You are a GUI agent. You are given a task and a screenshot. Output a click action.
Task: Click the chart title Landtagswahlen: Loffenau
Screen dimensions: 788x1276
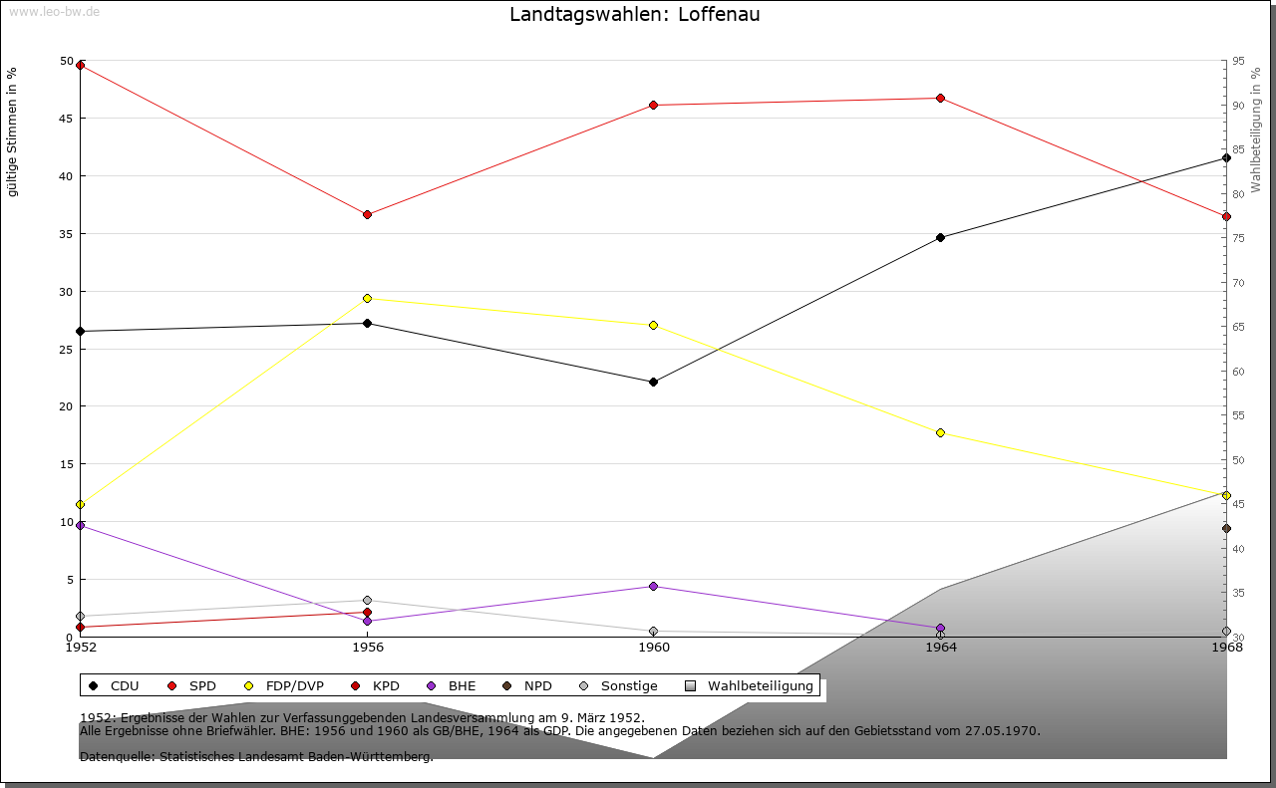coord(634,15)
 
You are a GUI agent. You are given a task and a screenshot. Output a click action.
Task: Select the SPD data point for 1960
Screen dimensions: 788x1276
coord(654,105)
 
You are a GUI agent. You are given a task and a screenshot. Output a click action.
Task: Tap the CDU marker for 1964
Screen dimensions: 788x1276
coord(940,237)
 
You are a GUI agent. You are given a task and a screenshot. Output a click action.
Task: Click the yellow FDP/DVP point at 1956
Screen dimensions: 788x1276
coord(367,298)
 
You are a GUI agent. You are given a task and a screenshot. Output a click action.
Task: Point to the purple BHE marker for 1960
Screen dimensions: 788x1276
coord(654,586)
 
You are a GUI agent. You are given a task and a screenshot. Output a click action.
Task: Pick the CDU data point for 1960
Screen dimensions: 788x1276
coord(654,382)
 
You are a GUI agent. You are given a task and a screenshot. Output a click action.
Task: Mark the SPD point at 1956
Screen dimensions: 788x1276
coord(367,214)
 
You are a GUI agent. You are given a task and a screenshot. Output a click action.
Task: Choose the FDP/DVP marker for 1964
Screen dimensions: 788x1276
coord(940,432)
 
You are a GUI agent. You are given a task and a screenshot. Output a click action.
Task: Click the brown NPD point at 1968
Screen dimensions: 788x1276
coord(1226,528)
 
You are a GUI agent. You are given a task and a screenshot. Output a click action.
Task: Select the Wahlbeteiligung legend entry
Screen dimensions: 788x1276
coord(751,685)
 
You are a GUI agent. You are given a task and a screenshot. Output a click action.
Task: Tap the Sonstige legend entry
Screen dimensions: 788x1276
coord(617,685)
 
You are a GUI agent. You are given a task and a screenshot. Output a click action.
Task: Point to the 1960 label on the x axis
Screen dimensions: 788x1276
coord(654,648)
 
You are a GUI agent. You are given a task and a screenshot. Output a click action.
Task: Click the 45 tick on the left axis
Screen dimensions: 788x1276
coord(66,119)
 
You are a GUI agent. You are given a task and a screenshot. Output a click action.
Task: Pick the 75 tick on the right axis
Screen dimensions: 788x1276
coord(1238,238)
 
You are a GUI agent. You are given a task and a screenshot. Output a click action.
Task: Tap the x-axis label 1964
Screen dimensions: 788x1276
coord(940,648)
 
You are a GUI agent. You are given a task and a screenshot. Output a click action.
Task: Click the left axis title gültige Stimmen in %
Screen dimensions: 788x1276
coord(13,131)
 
